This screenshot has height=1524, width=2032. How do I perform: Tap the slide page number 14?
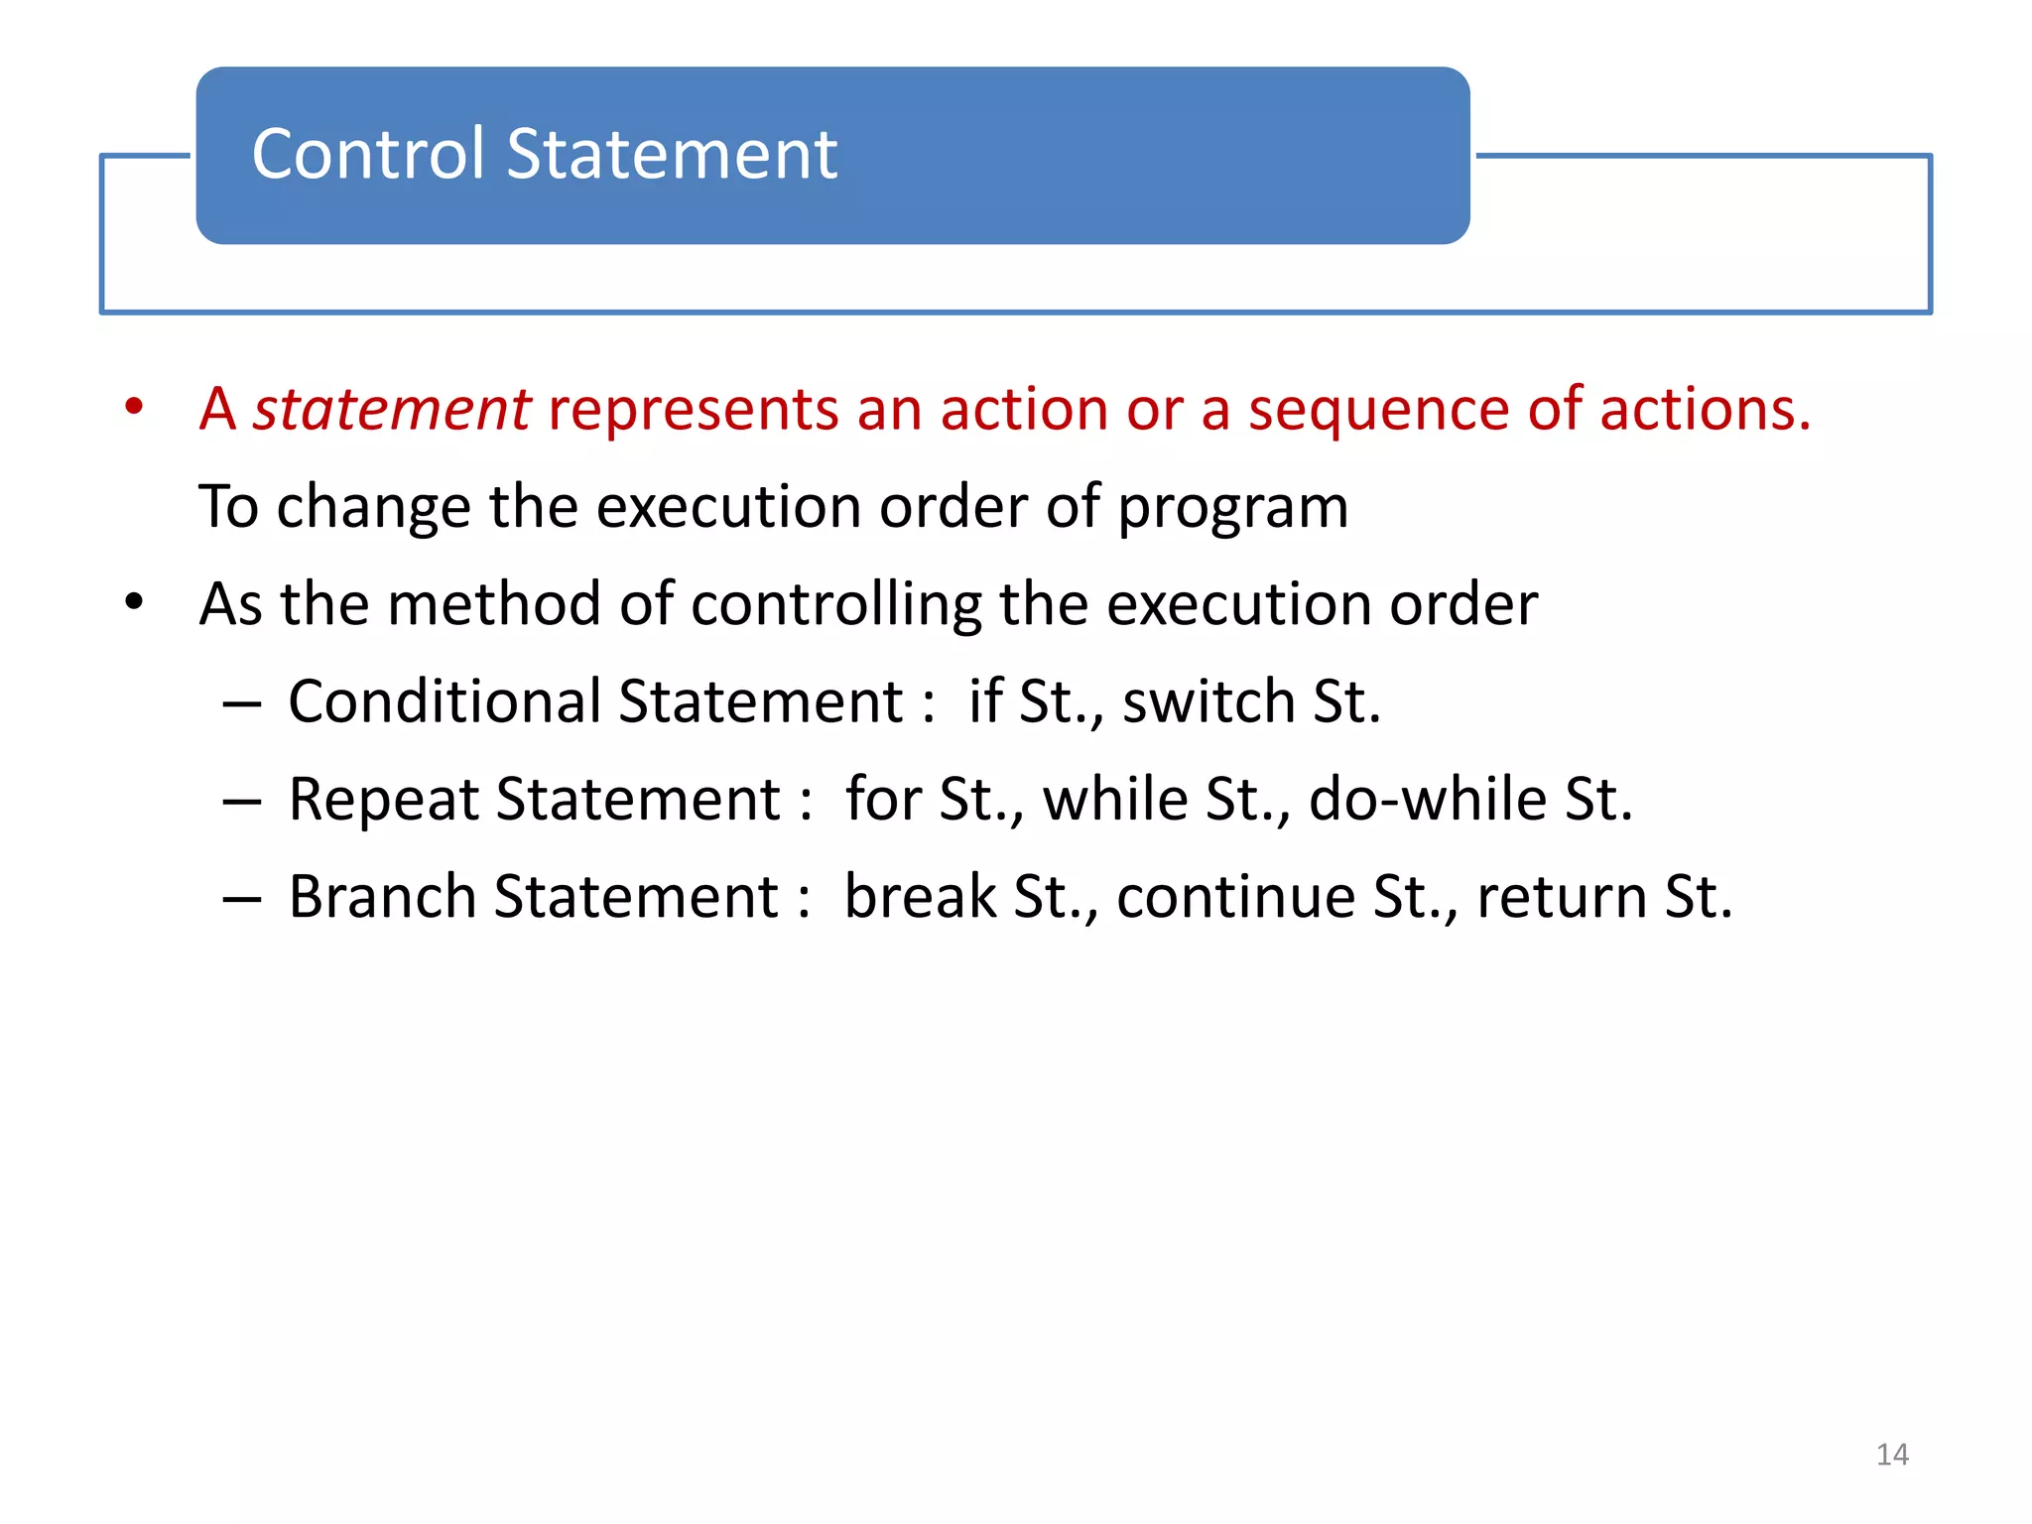pyautogui.click(x=1892, y=1455)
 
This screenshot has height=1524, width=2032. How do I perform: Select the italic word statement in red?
pyautogui.click(x=392, y=409)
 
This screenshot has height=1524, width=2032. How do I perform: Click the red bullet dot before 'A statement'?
pyautogui.click(x=134, y=407)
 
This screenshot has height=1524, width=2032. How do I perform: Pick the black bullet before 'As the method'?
pyautogui.click(x=134, y=602)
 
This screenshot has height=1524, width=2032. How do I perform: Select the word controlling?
pyautogui.click(x=835, y=604)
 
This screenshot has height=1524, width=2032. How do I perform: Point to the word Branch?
pyautogui.click(x=383, y=897)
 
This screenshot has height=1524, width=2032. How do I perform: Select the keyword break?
pyautogui.click(x=920, y=897)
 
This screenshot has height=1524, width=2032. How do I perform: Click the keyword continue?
pyautogui.click(x=1235, y=897)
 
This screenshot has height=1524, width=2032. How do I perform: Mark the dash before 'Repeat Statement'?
pyautogui.click(x=241, y=801)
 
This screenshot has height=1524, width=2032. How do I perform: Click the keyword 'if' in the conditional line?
pyautogui.click(x=984, y=701)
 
